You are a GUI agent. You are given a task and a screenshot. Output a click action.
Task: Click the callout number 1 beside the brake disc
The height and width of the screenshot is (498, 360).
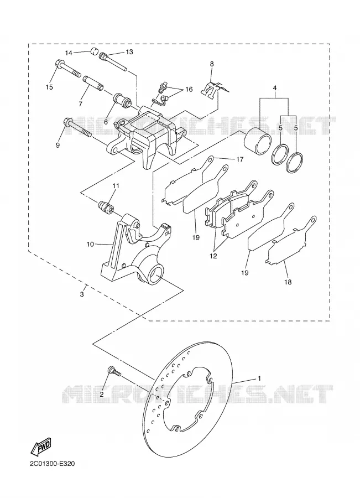259,378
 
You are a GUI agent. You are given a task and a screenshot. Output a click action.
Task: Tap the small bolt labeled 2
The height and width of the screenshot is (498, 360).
114,371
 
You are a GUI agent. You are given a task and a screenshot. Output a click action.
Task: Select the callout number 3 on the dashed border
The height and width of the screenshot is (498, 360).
82,294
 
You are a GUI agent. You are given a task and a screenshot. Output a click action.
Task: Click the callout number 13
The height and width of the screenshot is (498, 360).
129,52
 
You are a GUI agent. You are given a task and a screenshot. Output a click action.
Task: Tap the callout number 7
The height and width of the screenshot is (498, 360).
80,104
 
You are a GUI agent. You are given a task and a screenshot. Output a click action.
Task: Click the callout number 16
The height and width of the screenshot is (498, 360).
189,89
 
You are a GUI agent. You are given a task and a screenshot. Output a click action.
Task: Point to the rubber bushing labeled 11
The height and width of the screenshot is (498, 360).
106,207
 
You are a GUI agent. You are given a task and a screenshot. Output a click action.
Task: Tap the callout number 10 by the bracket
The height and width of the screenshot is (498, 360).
90,244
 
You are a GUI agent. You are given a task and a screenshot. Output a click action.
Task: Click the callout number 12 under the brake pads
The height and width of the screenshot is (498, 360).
213,256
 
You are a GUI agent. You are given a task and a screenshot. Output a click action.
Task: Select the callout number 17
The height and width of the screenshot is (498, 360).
239,159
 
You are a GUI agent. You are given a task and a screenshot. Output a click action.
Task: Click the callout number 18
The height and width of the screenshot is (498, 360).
288,282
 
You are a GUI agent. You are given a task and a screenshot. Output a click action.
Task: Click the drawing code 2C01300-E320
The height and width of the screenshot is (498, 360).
53,464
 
